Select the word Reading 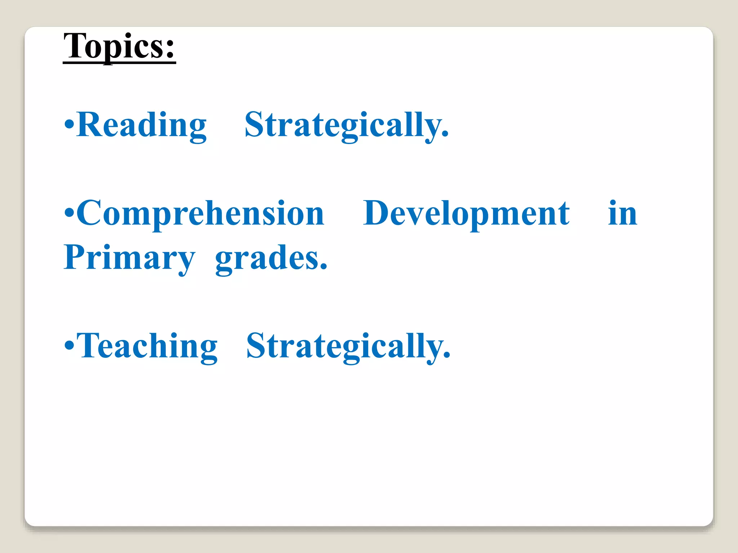(x=142, y=125)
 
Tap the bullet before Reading (x=69, y=125)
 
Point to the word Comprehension (x=200, y=214)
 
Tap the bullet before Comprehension (x=69, y=213)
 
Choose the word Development (x=466, y=214)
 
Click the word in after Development (x=622, y=213)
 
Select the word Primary (x=129, y=258)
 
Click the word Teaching (x=147, y=346)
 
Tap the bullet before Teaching (x=69, y=346)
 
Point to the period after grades (x=324, y=267)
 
